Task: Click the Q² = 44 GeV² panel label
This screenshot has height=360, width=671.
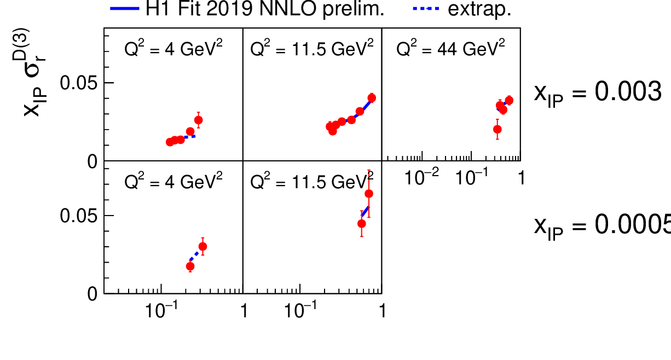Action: (450, 49)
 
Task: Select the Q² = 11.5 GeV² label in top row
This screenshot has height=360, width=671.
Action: (311, 49)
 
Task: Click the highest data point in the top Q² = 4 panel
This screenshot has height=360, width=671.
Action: (198, 120)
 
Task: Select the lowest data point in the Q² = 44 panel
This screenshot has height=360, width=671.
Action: (497, 130)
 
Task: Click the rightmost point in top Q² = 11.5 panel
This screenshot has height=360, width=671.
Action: (372, 98)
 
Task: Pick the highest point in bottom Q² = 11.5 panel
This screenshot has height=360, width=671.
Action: (369, 194)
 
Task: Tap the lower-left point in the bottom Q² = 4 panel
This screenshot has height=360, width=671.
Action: (190, 266)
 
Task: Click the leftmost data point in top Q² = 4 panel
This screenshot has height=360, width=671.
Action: (170, 142)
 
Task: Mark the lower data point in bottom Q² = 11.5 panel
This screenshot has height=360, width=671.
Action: (361, 223)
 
